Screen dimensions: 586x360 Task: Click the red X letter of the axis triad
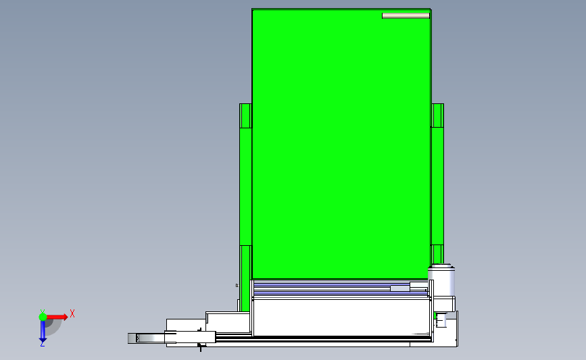coord(72,313)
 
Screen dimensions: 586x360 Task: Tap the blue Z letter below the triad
coord(43,344)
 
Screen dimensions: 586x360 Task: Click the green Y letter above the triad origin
coord(43,311)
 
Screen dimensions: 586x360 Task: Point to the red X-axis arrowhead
coord(66,317)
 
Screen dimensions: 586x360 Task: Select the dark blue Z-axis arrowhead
coord(43,340)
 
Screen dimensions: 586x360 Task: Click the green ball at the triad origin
coord(43,317)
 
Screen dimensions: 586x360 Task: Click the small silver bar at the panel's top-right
coord(406,16)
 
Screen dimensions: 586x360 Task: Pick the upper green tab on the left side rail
coord(245,115)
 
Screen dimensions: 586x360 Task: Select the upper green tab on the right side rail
coord(437,115)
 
